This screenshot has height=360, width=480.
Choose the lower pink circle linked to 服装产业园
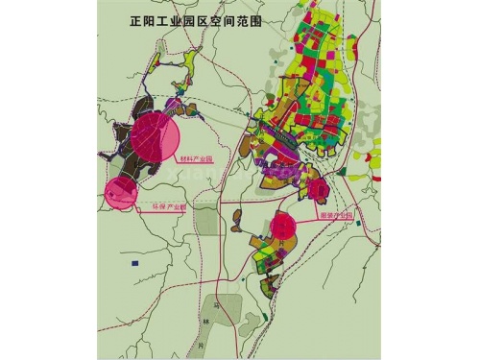coord(283,227)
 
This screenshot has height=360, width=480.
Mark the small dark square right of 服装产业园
coord(358,224)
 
